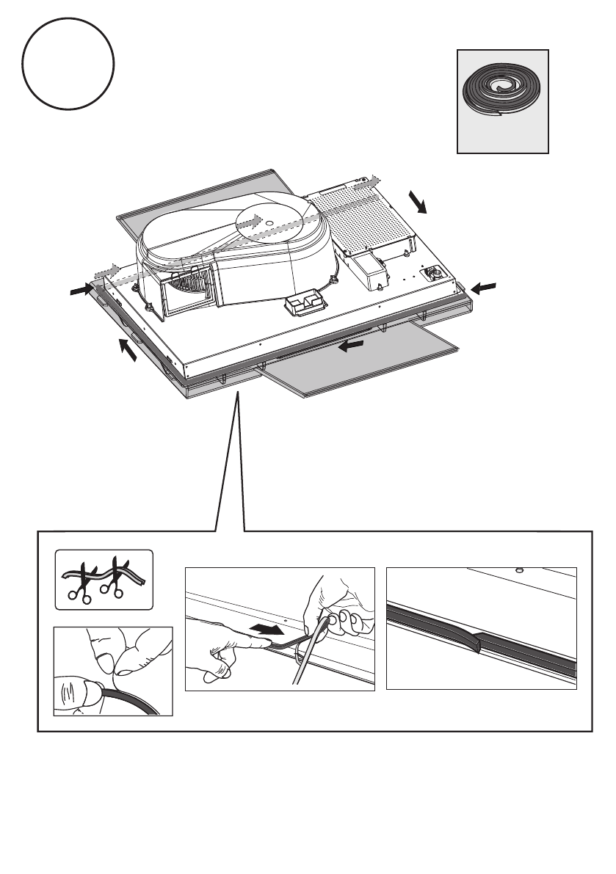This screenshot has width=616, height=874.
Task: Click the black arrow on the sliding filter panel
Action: click(352, 344)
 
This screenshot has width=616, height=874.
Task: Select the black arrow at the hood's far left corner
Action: click(77, 291)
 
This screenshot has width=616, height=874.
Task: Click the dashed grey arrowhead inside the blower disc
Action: click(253, 219)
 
